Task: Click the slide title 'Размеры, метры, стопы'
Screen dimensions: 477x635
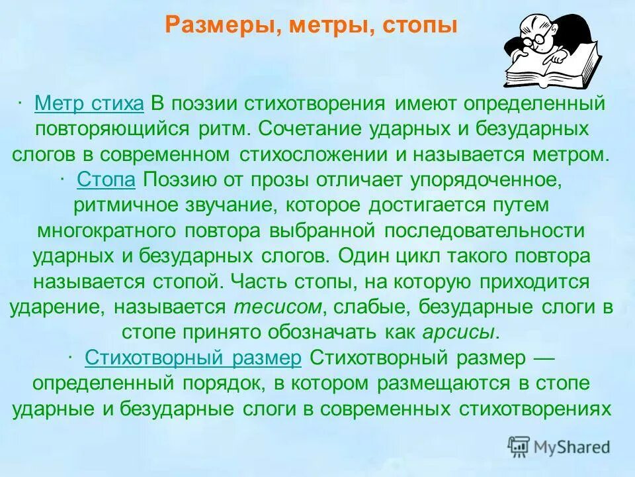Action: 311,26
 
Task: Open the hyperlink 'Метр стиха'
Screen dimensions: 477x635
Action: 89,104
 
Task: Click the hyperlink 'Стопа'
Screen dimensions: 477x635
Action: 106,180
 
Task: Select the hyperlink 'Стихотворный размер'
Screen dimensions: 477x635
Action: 193,358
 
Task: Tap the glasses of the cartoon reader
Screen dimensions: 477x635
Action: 537,38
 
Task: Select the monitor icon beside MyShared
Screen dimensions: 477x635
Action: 519,447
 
